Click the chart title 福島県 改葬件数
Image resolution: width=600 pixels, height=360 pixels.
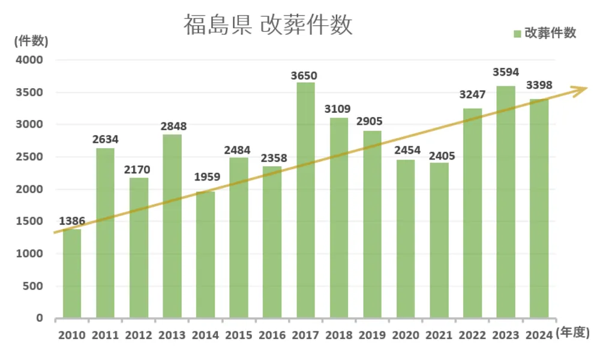[x=268, y=26]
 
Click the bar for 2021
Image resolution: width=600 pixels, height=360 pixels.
[x=439, y=240]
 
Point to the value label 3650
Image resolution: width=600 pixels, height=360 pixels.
[x=304, y=76]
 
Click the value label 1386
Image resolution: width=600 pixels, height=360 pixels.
[x=72, y=221]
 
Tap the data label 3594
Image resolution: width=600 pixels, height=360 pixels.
[x=506, y=72]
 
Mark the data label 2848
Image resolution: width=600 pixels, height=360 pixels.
[x=173, y=127]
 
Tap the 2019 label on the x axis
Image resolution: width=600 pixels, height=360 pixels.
[x=373, y=335]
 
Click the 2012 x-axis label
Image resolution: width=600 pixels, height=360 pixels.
[x=139, y=335]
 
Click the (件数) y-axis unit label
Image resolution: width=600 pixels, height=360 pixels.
[x=30, y=41]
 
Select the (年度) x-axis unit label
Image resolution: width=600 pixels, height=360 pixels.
[x=574, y=332]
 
